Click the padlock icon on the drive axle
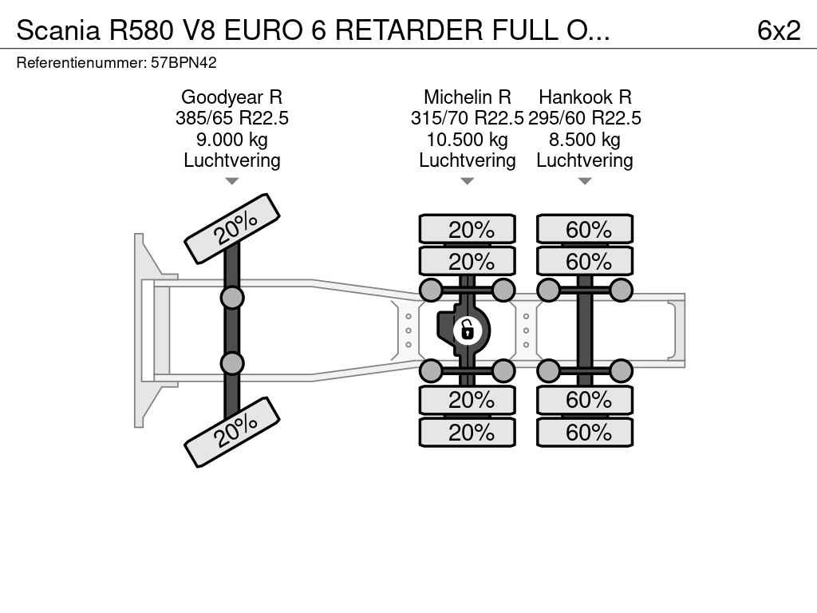point(467,330)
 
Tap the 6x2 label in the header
point(779,30)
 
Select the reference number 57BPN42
point(184,62)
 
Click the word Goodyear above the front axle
point(222,97)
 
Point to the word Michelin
point(457,97)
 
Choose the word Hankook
point(575,97)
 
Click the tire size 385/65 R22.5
point(232,118)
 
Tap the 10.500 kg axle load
point(467,140)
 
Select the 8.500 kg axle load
point(585,140)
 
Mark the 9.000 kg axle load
point(232,140)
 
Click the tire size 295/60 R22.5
point(585,118)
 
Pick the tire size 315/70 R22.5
point(467,118)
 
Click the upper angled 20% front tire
point(232,229)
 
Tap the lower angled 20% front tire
point(232,432)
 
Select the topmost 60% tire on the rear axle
point(585,229)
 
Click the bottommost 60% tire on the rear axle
point(585,432)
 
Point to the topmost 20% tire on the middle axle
point(468,229)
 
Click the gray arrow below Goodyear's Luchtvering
point(232,181)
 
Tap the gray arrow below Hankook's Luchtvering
point(585,181)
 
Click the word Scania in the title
point(57,30)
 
